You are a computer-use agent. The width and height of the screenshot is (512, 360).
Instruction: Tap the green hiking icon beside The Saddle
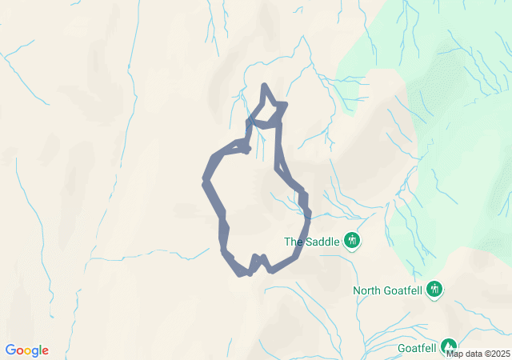(x=351, y=240)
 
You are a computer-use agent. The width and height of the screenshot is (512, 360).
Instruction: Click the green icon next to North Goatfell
(x=434, y=289)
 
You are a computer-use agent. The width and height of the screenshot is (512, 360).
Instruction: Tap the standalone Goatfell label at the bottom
(x=417, y=348)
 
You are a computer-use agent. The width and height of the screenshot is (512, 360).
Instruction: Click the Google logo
(x=26, y=350)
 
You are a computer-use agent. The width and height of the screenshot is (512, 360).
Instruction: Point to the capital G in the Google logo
(x=10, y=350)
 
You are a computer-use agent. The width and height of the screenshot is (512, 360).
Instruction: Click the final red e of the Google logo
(x=45, y=351)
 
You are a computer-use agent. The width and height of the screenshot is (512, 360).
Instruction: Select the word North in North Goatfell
(x=367, y=290)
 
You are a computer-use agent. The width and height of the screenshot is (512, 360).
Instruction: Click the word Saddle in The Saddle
(x=322, y=241)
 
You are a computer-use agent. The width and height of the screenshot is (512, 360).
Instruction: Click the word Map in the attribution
(x=454, y=354)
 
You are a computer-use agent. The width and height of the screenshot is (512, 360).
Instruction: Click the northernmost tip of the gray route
(x=265, y=86)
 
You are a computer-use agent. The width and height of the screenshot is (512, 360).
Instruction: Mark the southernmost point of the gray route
(x=242, y=274)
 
